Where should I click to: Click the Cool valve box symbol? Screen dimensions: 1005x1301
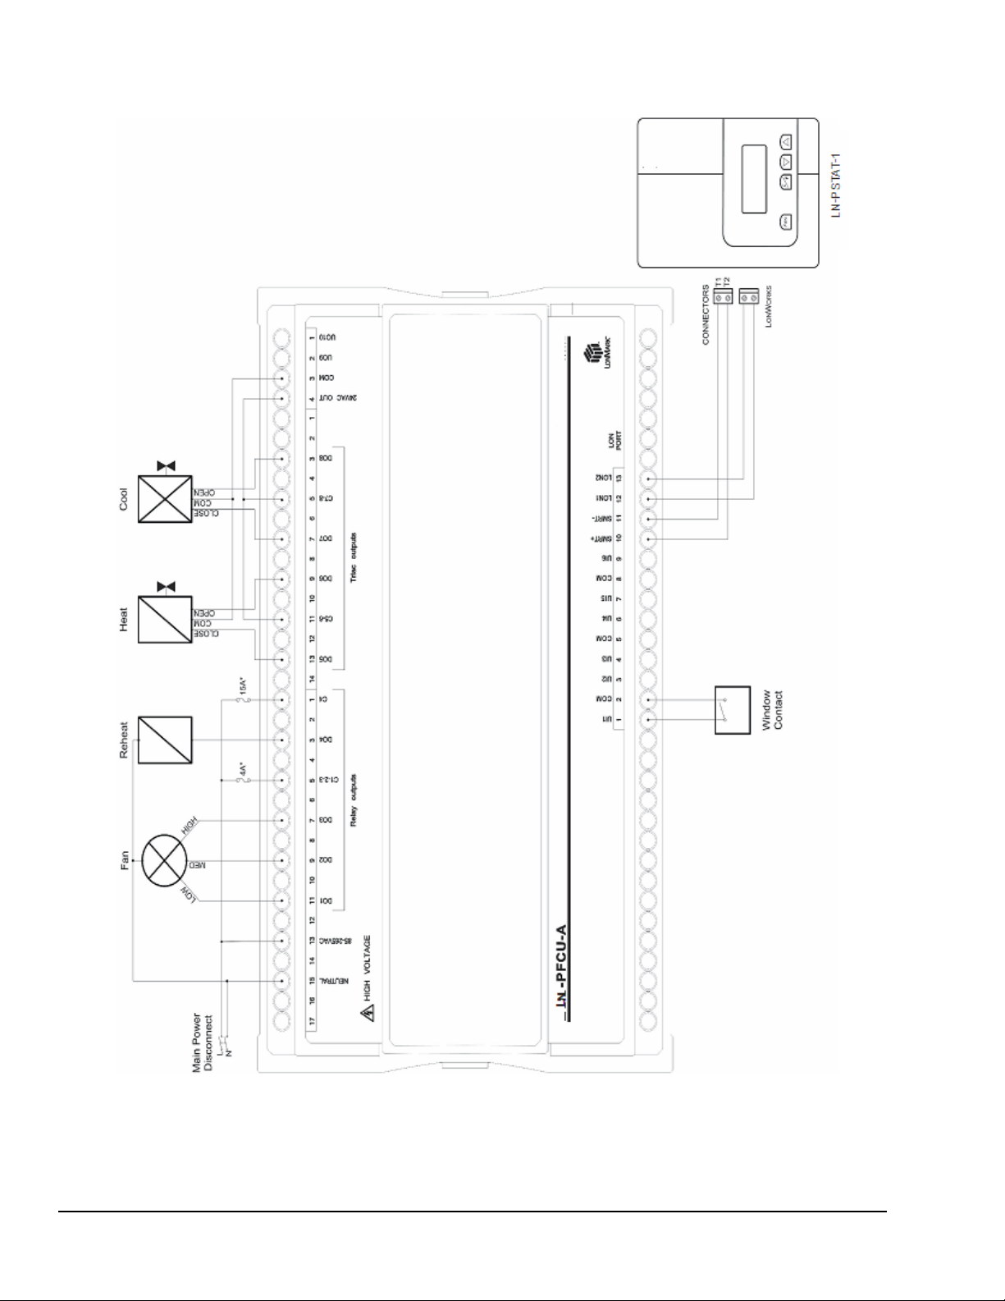[x=165, y=498]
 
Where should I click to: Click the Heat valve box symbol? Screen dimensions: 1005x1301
[x=165, y=620]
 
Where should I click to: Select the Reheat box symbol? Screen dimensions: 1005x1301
[x=165, y=740]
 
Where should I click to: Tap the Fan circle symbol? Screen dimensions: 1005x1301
[x=167, y=861]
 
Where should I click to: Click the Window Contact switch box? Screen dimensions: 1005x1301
[x=733, y=710]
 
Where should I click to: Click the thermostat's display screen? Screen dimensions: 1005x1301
[x=753, y=178]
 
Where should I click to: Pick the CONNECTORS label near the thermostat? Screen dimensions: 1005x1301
[x=706, y=314]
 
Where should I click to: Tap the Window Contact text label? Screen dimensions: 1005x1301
[x=772, y=710]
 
